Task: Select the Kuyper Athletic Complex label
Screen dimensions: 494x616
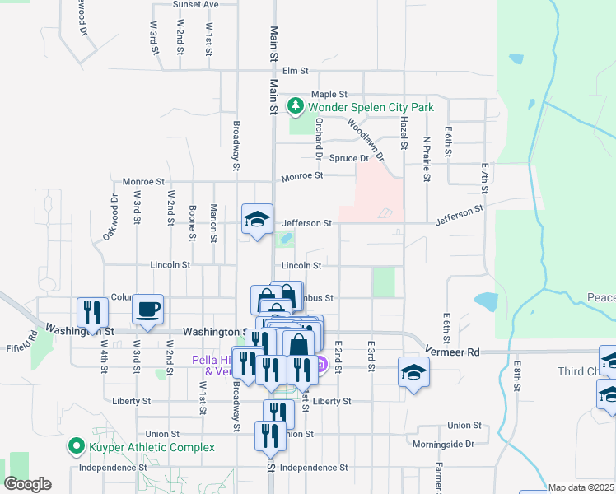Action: (152, 447)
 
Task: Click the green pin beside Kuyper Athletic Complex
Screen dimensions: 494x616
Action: (77, 447)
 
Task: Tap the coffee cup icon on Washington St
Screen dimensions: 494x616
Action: (147, 310)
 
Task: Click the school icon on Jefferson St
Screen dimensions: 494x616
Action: (257, 219)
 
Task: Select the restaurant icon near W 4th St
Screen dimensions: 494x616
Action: (92, 312)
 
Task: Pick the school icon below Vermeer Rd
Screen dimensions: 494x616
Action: (413, 371)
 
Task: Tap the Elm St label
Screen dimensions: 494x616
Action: (294, 71)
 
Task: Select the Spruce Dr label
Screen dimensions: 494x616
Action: (349, 158)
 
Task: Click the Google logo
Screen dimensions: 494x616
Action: (27, 484)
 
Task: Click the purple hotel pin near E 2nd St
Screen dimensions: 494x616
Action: (320, 364)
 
